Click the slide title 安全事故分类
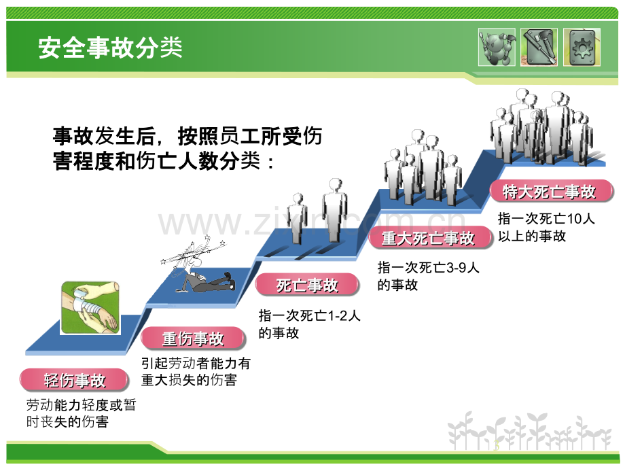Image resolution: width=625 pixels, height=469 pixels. coord(111,48)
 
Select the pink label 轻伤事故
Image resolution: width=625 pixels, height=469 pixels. coord(74,380)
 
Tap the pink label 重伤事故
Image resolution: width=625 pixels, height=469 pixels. coord(193,338)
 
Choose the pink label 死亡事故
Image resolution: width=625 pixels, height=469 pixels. coord(307,285)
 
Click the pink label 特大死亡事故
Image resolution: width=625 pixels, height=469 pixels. coord(551,192)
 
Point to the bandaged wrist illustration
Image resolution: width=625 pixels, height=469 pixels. coord(90,307)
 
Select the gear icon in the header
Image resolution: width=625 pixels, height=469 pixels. coord(582,47)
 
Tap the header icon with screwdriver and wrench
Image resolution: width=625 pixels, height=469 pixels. coord(539,47)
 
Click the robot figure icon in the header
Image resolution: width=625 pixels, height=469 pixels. coord(497,47)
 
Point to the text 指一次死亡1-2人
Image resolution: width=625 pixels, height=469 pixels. coord(309,316)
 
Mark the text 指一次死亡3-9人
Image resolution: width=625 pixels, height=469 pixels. coord(428,267)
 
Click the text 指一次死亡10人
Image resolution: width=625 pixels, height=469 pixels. coord(546,219)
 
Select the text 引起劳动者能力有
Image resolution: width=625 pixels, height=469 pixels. coord(196,364)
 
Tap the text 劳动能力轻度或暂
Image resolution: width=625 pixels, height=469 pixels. coord(82,405)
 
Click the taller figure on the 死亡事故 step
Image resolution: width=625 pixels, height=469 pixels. coord(335,210)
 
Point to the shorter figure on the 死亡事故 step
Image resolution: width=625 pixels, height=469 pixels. coord(298,219)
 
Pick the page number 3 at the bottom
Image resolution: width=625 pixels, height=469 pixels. coord(496,445)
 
